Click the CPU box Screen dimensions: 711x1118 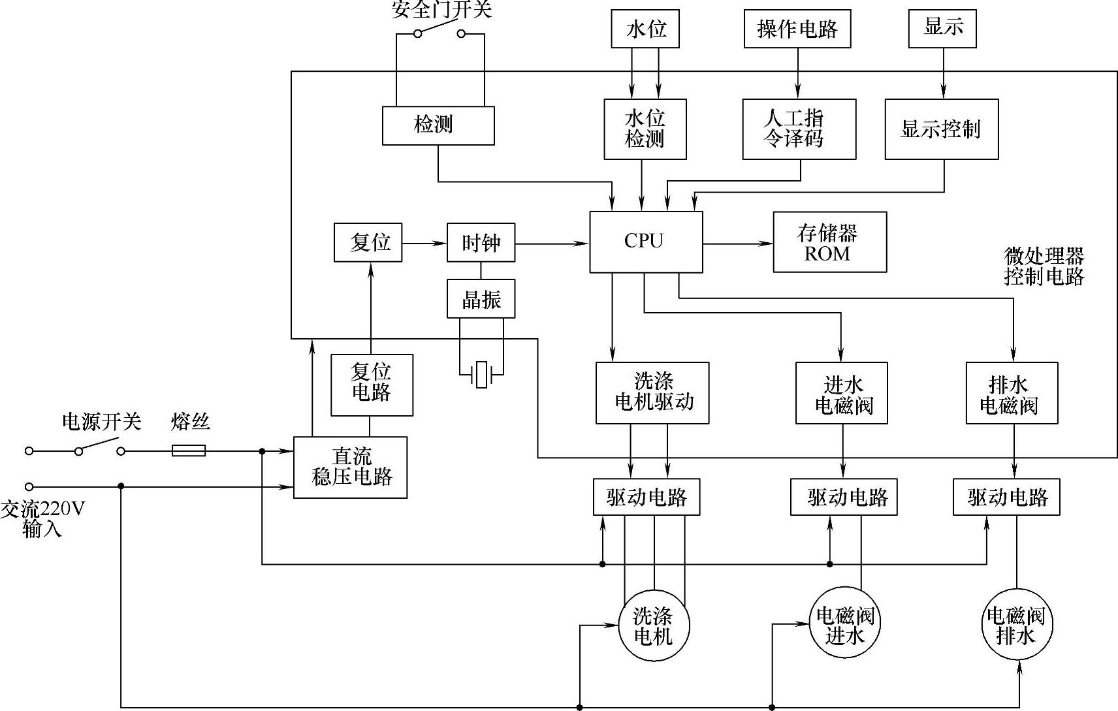click(x=645, y=242)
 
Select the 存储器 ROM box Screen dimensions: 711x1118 click(x=829, y=242)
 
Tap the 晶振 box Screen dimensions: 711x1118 click(x=481, y=299)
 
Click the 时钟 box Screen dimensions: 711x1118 click(x=481, y=243)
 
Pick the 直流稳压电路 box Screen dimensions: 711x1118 click(x=350, y=467)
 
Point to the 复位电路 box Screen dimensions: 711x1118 click(x=372, y=385)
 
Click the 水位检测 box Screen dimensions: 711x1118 click(x=645, y=129)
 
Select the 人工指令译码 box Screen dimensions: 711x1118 click(x=799, y=129)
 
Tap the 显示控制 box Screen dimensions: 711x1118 click(x=941, y=129)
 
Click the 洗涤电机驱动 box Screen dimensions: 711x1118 click(x=652, y=393)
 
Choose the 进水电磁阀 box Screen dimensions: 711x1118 click(x=842, y=393)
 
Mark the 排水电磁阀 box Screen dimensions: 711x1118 click(x=1012, y=393)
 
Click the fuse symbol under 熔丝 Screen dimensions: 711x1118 click(x=189, y=450)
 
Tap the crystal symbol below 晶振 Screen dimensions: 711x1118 click(x=481, y=375)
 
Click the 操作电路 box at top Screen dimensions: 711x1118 click(x=797, y=29)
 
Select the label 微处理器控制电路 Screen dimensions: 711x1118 click(x=1044, y=266)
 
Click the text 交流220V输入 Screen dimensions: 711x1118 click(x=42, y=518)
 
